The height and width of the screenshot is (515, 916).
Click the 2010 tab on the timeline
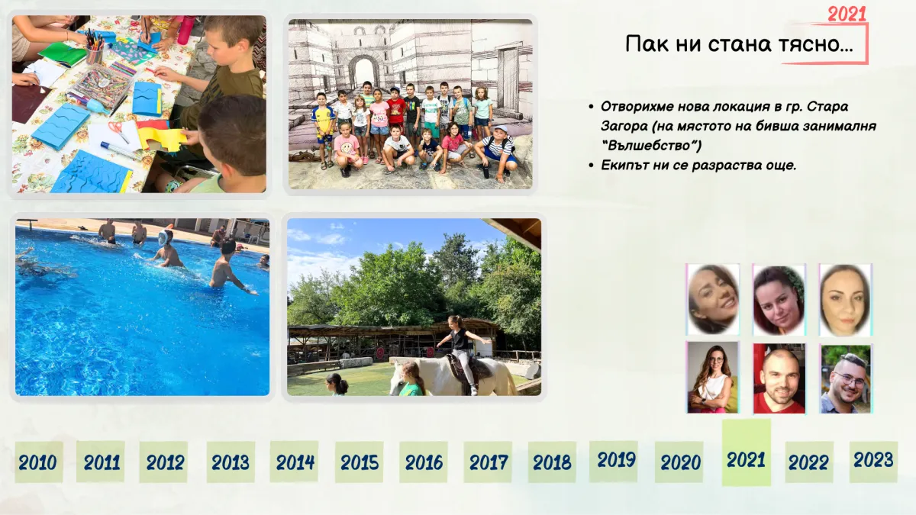pos(39,462)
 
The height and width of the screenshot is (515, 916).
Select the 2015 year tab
pos(359,462)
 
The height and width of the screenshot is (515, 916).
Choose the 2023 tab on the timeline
pos(873,461)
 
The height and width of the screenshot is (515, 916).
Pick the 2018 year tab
pos(552,462)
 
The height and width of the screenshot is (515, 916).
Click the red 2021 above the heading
pos(847,14)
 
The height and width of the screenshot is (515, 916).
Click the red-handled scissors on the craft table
pos(119,130)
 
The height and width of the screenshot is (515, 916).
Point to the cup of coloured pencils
pos(95,47)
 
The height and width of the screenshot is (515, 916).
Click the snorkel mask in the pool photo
pos(164,238)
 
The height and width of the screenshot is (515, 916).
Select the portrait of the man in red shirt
pos(779,378)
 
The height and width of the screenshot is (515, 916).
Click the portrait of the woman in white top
pos(713,378)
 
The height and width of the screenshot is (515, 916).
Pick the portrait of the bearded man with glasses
pos(846,379)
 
